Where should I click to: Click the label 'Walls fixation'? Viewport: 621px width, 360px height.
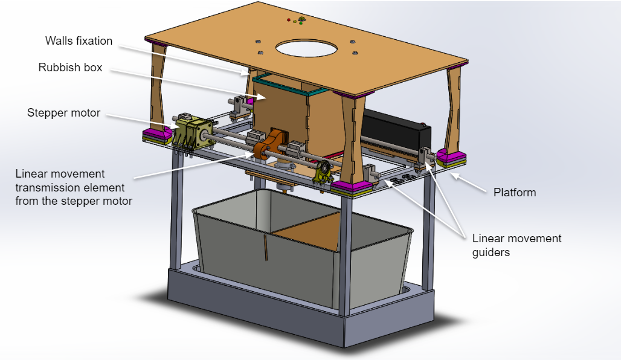(x=79, y=41)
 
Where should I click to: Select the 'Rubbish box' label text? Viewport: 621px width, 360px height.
(x=70, y=67)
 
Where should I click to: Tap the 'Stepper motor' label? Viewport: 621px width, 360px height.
(x=63, y=113)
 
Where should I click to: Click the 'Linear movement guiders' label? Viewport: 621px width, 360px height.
(x=516, y=245)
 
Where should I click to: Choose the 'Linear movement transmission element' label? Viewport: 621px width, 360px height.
(x=74, y=187)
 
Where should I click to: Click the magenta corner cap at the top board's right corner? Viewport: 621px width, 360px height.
(x=462, y=62)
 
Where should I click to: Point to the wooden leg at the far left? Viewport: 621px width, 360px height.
(x=158, y=91)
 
